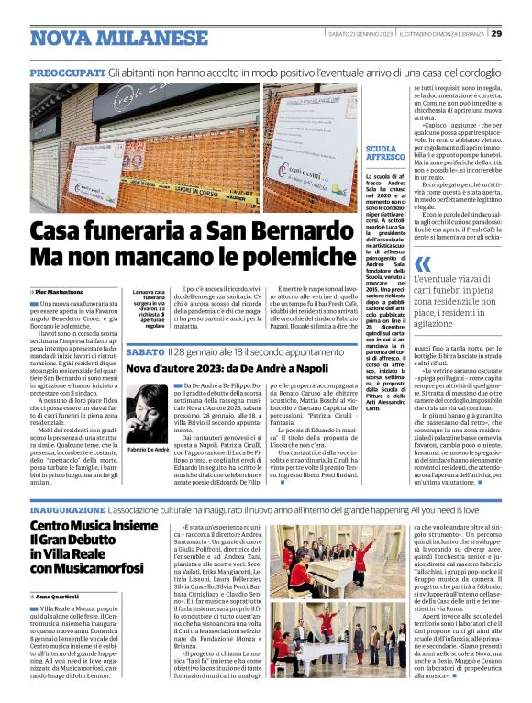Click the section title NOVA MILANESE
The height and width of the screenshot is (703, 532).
click(x=105, y=38)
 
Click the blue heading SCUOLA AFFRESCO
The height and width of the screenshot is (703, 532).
click(x=381, y=152)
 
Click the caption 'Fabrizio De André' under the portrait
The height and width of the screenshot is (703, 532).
click(x=148, y=472)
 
